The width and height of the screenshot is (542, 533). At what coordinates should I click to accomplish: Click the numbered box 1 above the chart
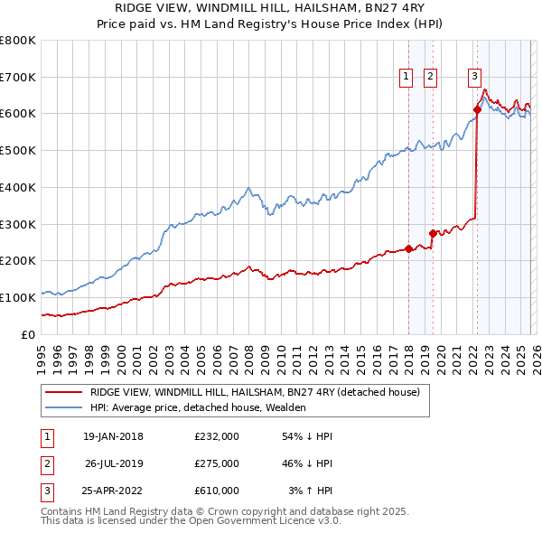[406, 78]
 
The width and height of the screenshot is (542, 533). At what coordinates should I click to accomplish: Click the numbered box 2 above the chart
[430, 78]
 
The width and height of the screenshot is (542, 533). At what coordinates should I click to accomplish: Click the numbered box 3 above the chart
[474, 78]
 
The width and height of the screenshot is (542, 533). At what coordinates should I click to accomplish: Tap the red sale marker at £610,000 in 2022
[477, 110]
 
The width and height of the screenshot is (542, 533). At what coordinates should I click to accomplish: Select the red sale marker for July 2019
[433, 233]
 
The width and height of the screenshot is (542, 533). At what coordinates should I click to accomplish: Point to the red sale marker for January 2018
[408, 248]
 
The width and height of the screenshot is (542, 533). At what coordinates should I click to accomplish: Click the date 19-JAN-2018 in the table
[112, 436]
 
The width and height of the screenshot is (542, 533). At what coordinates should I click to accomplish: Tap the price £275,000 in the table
[217, 463]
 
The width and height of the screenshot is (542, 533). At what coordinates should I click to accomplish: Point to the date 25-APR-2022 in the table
[112, 491]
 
